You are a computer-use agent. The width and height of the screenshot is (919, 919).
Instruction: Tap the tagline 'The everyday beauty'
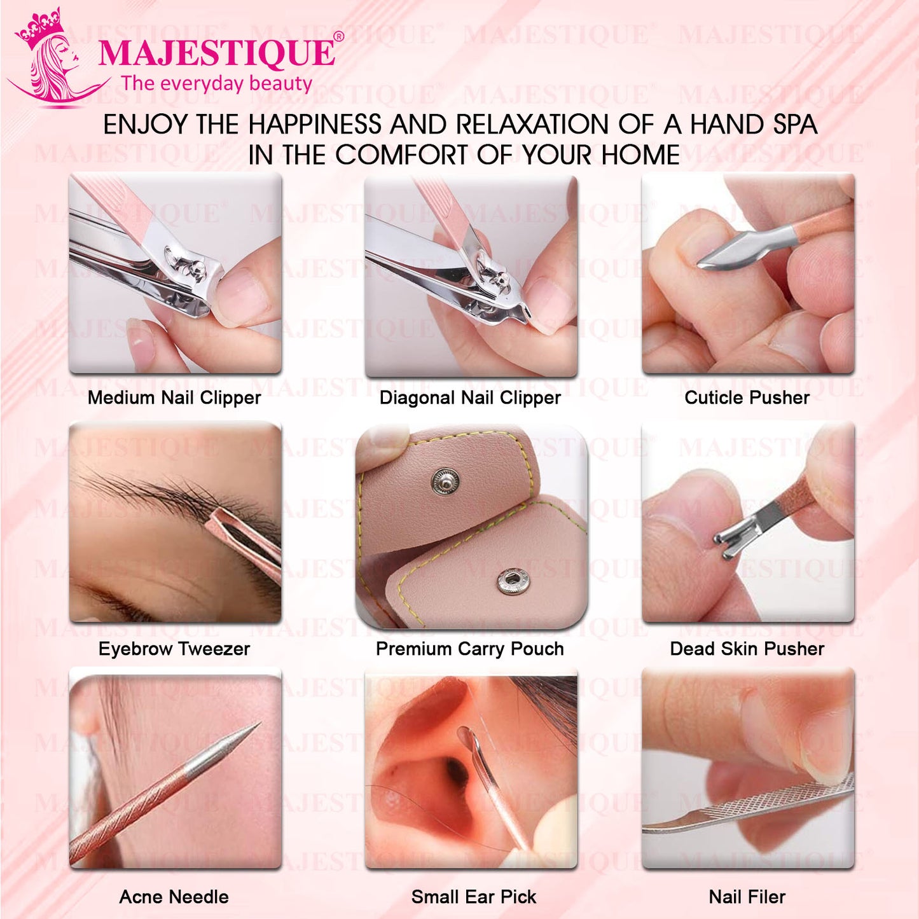click(x=217, y=84)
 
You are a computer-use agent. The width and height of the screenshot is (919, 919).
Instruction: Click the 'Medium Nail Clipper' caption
click(x=174, y=398)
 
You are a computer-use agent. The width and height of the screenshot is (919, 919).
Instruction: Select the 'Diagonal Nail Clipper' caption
click(x=470, y=398)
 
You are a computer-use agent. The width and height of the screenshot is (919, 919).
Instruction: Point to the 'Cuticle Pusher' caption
click(x=747, y=398)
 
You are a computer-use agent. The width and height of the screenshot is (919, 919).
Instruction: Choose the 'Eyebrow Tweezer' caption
click(x=174, y=649)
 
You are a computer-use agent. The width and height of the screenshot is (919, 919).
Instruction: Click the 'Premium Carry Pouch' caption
click(x=470, y=649)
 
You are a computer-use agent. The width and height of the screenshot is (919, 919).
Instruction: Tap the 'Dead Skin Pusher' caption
click(x=747, y=649)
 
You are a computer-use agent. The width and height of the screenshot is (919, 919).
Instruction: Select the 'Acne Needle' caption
click(x=174, y=897)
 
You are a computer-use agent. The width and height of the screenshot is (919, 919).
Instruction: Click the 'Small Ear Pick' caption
click(x=474, y=897)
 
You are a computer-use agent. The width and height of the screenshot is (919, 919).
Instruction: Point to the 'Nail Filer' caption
click(x=747, y=897)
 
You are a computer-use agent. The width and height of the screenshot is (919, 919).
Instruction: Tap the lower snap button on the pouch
click(x=512, y=581)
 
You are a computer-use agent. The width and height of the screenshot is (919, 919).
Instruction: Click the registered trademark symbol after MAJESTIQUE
click(x=339, y=37)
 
